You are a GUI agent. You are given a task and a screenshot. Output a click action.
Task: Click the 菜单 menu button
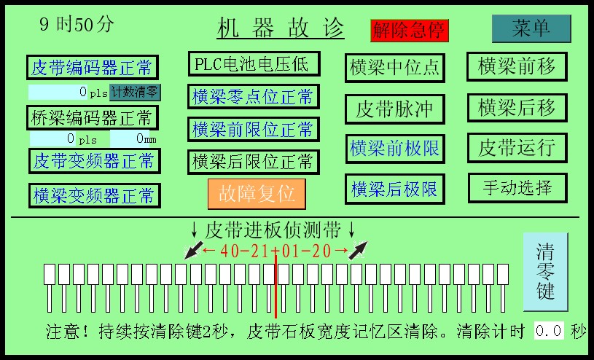(x=531, y=28)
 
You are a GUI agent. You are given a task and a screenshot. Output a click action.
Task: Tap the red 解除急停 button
(x=410, y=30)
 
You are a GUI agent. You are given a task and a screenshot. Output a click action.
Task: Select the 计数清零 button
(x=135, y=92)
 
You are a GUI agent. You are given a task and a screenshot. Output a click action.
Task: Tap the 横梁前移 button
(x=517, y=66)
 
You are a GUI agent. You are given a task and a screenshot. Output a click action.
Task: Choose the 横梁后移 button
(x=517, y=107)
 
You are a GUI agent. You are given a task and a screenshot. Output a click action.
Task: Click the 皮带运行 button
(x=517, y=147)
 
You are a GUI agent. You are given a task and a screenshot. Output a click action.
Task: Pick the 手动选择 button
(x=517, y=187)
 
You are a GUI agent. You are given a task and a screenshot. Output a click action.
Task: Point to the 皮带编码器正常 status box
(x=93, y=68)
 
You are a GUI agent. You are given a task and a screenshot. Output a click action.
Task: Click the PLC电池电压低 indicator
(x=252, y=64)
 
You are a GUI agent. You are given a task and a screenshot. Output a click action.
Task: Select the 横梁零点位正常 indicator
(x=252, y=96)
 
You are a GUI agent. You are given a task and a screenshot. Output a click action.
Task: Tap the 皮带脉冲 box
(x=394, y=109)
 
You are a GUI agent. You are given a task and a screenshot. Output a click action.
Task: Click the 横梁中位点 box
(x=394, y=67)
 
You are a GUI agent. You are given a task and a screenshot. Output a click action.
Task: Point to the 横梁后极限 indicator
(x=394, y=189)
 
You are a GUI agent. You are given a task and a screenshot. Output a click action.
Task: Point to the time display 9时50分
(x=77, y=24)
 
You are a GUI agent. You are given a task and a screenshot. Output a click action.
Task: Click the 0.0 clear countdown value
(x=549, y=331)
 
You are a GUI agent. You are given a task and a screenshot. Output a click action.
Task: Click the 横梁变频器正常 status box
(x=94, y=195)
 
